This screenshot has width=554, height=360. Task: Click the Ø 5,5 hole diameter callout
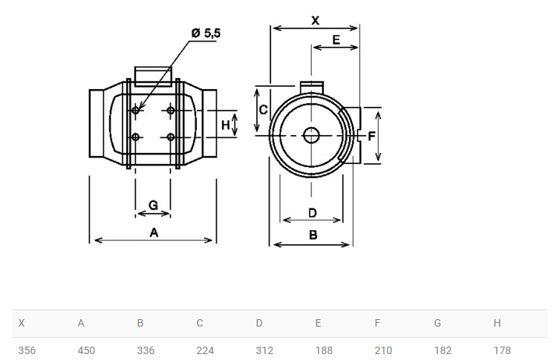pyautogui.click(x=206, y=33)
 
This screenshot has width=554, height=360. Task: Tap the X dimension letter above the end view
pyautogui.click(x=315, y=21)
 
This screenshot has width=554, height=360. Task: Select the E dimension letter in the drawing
pyautogui.click(x=336, y=39)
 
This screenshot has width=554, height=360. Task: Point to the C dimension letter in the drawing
pyautogui.click(x=263, y=110)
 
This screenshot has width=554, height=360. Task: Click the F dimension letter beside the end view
pyautogui.click(x=371, y=136)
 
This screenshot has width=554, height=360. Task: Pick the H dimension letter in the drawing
pyautogui.click(x=226, y=125)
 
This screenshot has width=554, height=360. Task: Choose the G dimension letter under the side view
pyautogui.click(x=153, y=205)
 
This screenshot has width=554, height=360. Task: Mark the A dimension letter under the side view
pyautogui.click(x=154, y=232)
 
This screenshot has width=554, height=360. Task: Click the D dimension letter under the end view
pyautogui.click(x=313, y=213)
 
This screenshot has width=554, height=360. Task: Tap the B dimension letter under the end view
pyautogui.click(x=313, y=235)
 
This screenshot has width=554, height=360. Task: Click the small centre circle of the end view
pyautogui.click(x=311, y=135)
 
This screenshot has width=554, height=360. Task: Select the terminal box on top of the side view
pyautogui.click(x=153, y=76)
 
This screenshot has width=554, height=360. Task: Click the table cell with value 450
pyautogui.click(x=86, y=350)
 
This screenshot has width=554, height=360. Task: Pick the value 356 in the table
pyautogui.click(x=27, y=350)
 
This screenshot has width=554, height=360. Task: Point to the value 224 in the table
pyautogui.click(x=205, y=350)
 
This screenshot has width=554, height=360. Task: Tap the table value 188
pyautogui.click(x=324, y=350)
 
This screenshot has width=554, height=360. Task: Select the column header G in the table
pyautogui.click(x=437, y=323)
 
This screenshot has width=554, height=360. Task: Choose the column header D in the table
pyautogui.click(x=259, y=323)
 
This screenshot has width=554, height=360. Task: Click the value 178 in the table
pyautogui.click(x=502, y=350)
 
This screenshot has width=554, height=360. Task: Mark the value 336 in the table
pyautogui.click(x=146, y=350)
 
